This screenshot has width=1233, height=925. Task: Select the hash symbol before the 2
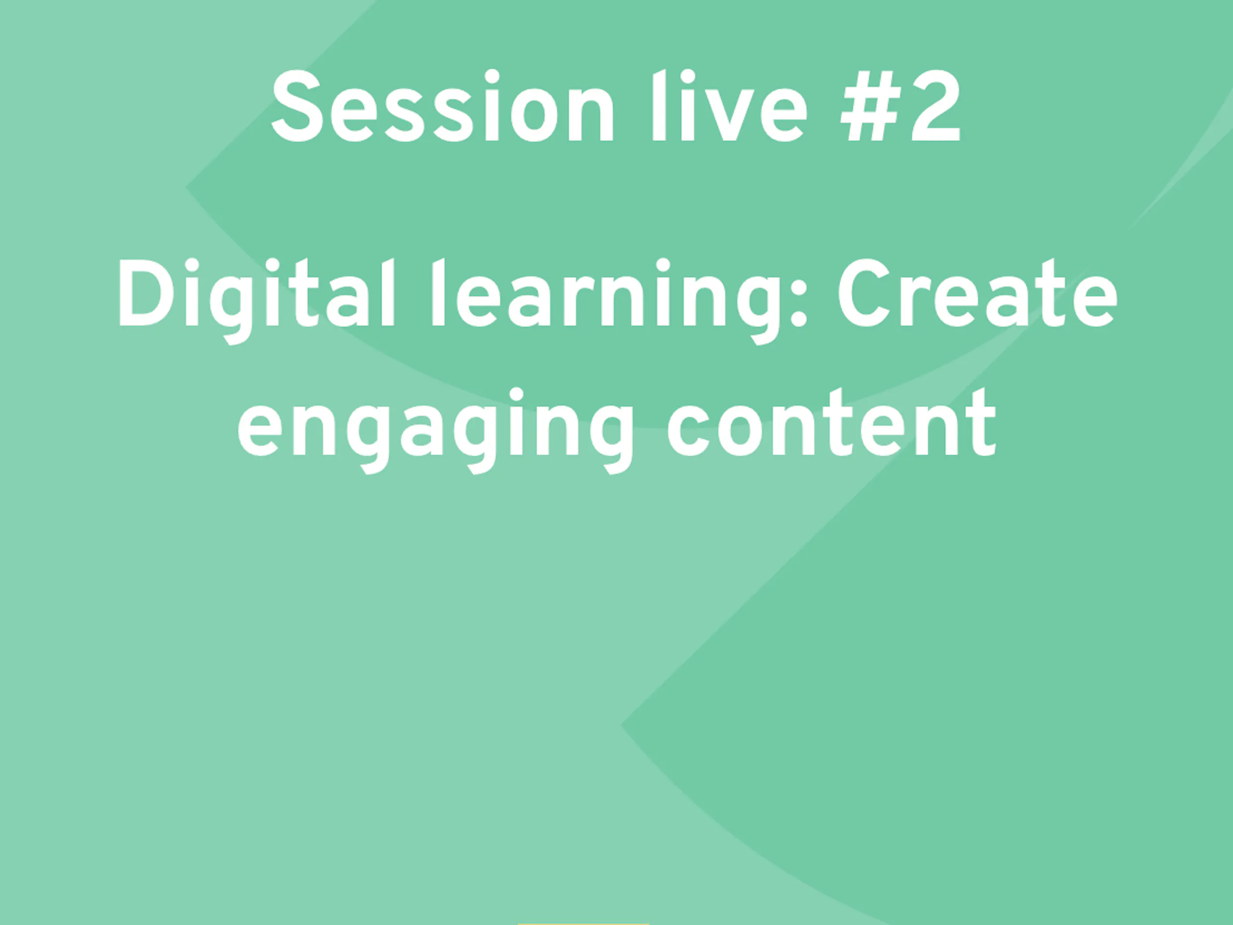pyautogui.click(x=871, y=107)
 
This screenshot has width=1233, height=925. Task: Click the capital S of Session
pyautogui.click(x=298, y=106)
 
